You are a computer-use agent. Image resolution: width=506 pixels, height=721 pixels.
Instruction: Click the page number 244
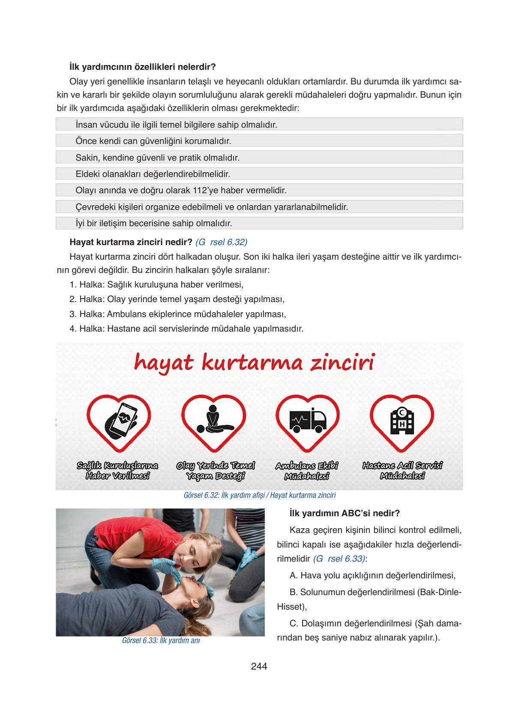pyautogui.click(x=259, y=666)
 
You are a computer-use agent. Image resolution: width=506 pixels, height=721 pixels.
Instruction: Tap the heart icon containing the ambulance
pyautogui.click(x=307, y=422)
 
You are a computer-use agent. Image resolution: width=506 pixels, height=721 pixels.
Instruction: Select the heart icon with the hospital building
pyautogui.click(x=402, y=422)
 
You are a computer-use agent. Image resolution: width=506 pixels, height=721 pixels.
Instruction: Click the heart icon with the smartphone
pyautogui.click(x=119, y=422)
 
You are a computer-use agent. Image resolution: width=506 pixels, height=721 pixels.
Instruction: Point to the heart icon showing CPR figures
pyautogui.click(x=213, y=422)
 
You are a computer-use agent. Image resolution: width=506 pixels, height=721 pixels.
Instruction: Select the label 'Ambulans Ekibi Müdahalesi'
pyautogui.click(x=307, y=471)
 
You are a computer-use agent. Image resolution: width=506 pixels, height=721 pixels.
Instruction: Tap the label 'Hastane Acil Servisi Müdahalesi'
pyautogui.click(x=402, y=471)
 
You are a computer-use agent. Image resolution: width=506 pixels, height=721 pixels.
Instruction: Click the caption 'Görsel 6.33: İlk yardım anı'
pyautogui.click(x=161, y=641)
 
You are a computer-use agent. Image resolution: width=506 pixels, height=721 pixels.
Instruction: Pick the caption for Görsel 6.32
pyautogui.click(x=259, y=495)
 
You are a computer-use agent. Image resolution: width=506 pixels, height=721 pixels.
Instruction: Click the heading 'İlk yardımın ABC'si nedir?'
pyautogui.click(x=344, y=513)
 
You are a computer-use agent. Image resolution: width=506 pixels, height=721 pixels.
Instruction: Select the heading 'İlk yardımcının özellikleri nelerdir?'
pyautogui.click(x=142, y=67)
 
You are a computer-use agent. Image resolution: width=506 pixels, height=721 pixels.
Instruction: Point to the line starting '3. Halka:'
pyautogui.click(x=177, y=314)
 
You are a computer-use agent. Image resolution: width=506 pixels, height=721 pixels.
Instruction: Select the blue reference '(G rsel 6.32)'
pyautogui.click(x=221, y=242)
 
